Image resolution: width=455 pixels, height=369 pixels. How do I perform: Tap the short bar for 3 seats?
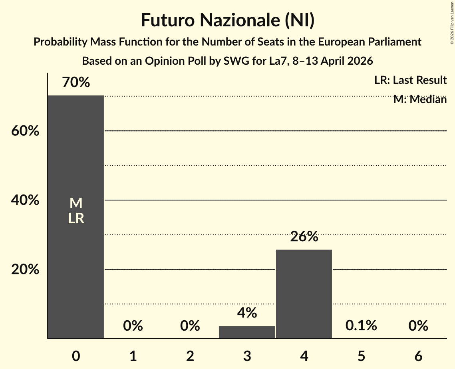[247, 332]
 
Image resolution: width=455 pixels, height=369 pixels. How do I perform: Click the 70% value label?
[76, 83]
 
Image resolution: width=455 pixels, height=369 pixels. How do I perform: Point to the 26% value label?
[304, 237]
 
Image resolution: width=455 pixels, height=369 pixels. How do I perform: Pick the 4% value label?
[247, 313]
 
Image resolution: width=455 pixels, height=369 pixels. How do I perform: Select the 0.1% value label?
[361, 325]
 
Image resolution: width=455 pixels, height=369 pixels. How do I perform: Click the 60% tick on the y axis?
[25, 131]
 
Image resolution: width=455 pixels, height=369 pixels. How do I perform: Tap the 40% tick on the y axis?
[25, 200]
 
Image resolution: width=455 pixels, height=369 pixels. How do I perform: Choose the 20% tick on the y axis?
[25, 270]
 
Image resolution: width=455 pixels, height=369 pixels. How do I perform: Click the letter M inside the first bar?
[76, 204]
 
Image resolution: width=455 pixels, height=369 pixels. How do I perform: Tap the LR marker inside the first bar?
[76, 218]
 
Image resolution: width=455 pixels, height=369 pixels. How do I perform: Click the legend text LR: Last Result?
[410, 80]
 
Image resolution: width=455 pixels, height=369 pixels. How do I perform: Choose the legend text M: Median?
[420, 99]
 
